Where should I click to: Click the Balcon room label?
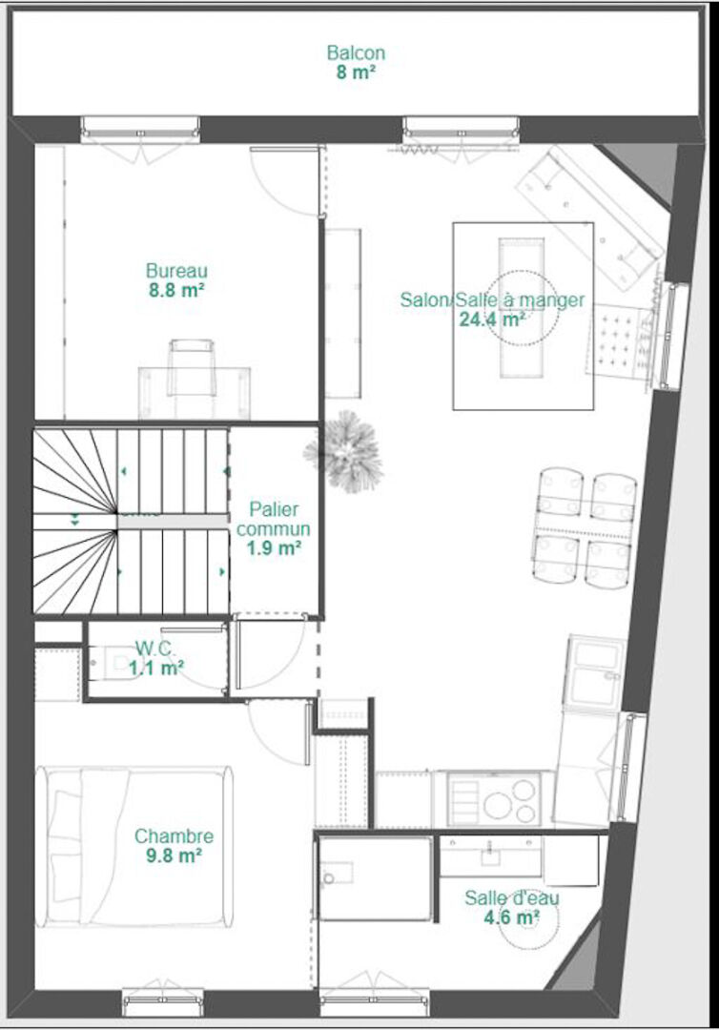click(x=356, y=51)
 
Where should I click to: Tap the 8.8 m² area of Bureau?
click(x=176, y=290)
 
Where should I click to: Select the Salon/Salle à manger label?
click(x=492, y=299)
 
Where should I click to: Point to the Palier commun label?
click(x=274, y=519)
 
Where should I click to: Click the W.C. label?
click(x=155, y=649)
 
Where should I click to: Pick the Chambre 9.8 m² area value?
click(x=174, y=855)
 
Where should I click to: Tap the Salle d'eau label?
click(x=511, y=897)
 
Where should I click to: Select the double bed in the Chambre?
click(x=134, y=847)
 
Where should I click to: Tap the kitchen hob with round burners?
click(x=494, y=799)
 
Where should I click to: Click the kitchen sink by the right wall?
click(x=597, y=672)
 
